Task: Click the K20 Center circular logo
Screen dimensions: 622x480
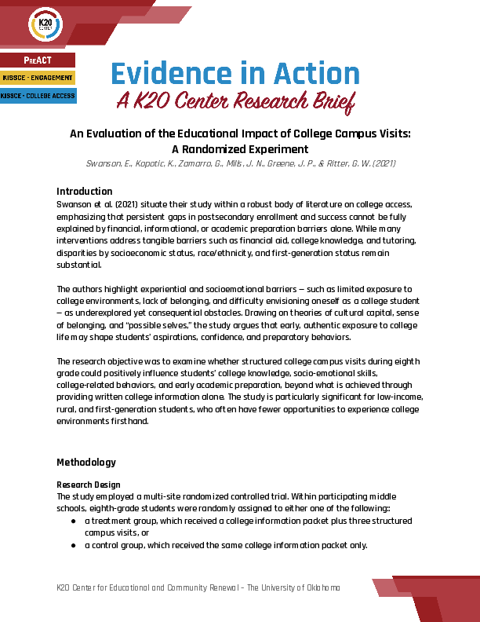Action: click(44, 26)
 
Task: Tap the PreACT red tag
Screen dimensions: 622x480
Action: click(38, 60)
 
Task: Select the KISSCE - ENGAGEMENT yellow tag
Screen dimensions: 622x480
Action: click(38, 78)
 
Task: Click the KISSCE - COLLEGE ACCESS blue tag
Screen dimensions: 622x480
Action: click(38, 96)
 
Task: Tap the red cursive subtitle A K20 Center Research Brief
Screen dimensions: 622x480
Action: click(235, 101)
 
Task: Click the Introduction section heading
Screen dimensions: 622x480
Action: click(85, 192)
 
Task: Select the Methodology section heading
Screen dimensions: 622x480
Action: click(86, 462)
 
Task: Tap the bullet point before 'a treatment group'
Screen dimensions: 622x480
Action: click(73, 521)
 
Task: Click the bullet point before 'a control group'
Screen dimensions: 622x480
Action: click(73, 546)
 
